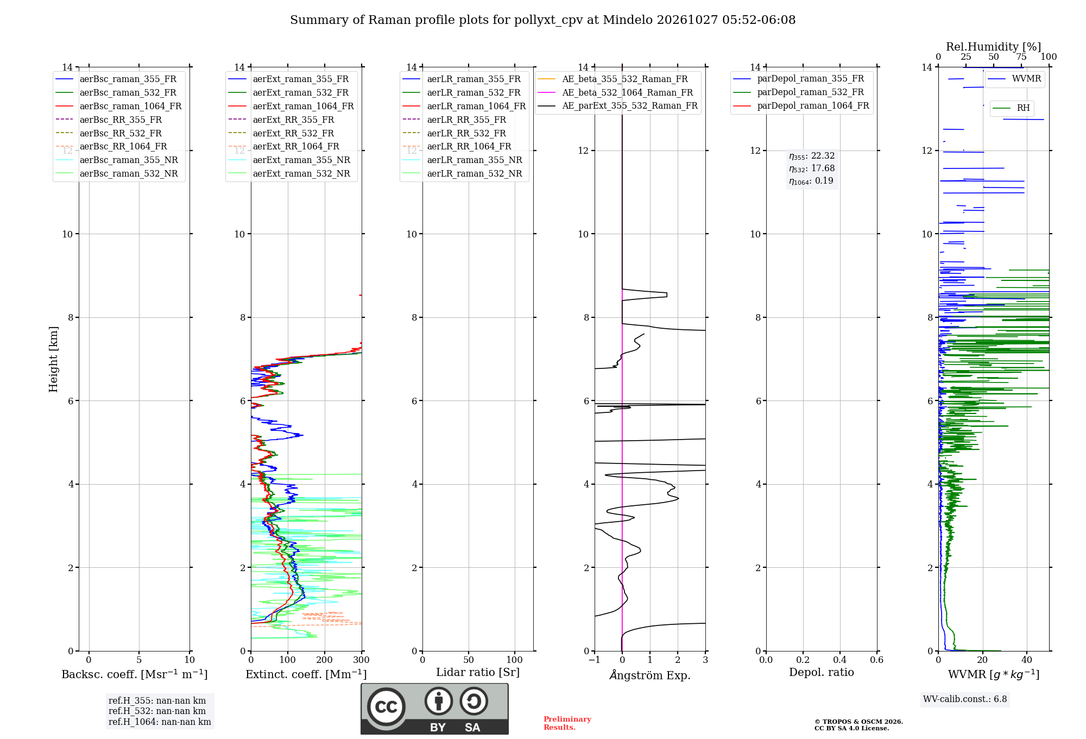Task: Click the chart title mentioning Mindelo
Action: click(542, 20)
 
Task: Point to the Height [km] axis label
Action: click(53, 359)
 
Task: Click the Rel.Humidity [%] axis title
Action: click(993, 47)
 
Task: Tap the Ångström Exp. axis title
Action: click(650, 675)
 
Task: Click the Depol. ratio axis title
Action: click(822, 672)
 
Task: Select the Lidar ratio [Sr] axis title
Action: click(478, 672)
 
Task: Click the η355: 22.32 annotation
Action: click(812, 156)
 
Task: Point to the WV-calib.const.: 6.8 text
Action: click(965, 699)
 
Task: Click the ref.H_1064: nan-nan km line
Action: click(160, 722)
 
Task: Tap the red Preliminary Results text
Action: click(567, 723)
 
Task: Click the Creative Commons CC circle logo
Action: click(386, 707)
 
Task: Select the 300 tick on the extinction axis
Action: click(362, 660)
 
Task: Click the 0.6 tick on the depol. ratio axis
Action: click(877, 660)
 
